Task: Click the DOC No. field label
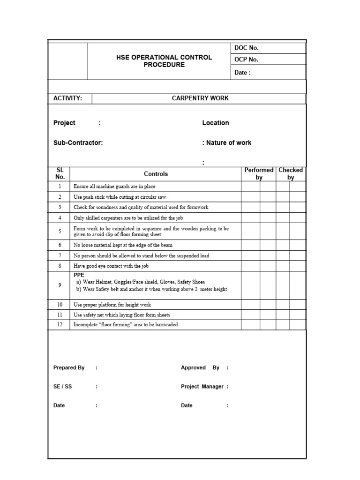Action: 246,48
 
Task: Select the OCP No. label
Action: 246,60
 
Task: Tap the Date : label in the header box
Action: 242,73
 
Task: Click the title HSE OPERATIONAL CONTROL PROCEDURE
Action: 164,61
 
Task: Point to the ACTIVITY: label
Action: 68,98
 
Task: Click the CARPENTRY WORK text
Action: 200,98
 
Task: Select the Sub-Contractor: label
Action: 78,143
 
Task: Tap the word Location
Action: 216,123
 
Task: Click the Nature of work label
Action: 229,143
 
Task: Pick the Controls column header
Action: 156,174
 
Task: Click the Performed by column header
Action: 259,173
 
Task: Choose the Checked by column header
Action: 291,173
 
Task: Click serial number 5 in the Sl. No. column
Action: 60,232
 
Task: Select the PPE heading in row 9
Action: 79,275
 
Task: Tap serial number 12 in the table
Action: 60,324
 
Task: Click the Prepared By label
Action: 69,368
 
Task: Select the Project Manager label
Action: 202,387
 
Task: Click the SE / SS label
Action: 63,387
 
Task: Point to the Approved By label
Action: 200,368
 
